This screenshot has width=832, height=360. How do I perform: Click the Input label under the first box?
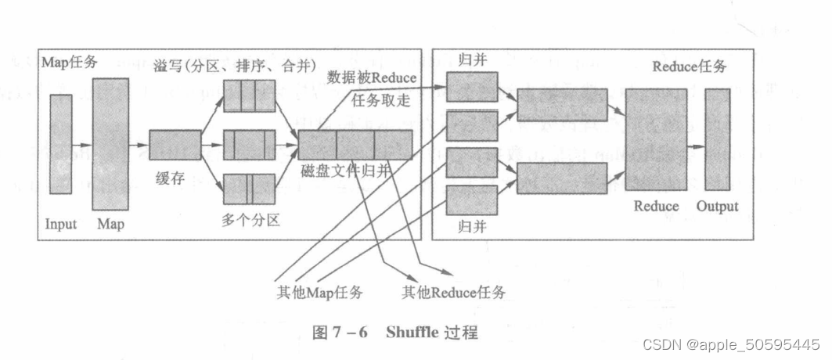pyautogui.click(x=61, y=225)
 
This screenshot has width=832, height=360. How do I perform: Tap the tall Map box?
pyautogui.click(x=110, y=144)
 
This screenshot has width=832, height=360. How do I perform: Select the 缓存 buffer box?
pyautogui.click(x=175, y=145)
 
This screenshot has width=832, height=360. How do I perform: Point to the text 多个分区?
pyautogui.click(x=250, y=220)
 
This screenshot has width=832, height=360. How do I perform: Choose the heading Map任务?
pyautogui.click(x=70, y=62)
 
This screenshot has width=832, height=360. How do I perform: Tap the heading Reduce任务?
pyautogui.click(x=690, y=67)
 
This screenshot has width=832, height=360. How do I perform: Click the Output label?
pyautogui.click(x=717, y=207)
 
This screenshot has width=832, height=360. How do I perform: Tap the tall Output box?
pyautogui.click(x=717, y=139)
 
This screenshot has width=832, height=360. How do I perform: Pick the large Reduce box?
pyautogui.click(x=656, y=139)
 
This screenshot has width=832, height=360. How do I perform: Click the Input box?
pyautogui.click(x=61, y=144)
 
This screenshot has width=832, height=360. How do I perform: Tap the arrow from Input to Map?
pyautogui.click(x=81, y=145)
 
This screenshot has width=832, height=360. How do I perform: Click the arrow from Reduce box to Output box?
pyautogui.click(x=696, y=139)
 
